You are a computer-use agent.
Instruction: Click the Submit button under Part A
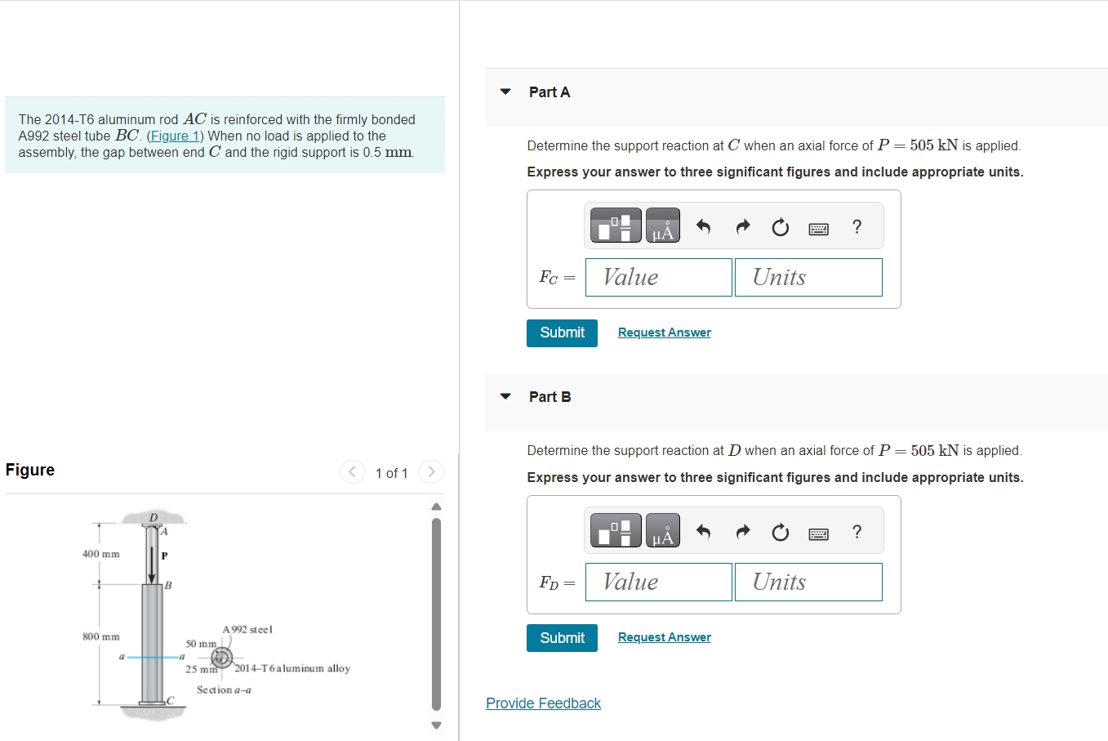tap(562, 333)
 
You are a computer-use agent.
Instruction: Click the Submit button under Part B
tap(562, 637)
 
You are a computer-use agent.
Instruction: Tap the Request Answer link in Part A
tap(665, 333)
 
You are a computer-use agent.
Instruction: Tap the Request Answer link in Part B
tap(665, 637)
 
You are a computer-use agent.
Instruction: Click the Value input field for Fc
tap(658, 277)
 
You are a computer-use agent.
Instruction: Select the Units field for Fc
tap(808, 277)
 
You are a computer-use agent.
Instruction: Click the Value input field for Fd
tap(658, 583)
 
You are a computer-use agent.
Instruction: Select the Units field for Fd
tap(808, 583)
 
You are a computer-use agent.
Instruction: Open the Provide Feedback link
tap(543, 703)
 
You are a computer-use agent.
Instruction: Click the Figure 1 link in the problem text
tap(175, 136)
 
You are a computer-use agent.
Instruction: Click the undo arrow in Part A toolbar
tap(703, 226)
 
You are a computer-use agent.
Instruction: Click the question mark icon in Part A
tap(857, 226)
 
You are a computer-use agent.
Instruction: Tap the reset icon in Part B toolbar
tap(780, 532)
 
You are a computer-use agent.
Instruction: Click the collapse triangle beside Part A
tap(505, 92)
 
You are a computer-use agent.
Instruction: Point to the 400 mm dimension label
tap(101, 554)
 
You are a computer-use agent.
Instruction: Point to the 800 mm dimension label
tap(101, 636)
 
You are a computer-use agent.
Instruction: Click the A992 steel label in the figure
tap(247, 630)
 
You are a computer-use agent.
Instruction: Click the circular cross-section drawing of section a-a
tap(221, 658)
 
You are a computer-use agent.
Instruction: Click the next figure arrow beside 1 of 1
tap(431, 471)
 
